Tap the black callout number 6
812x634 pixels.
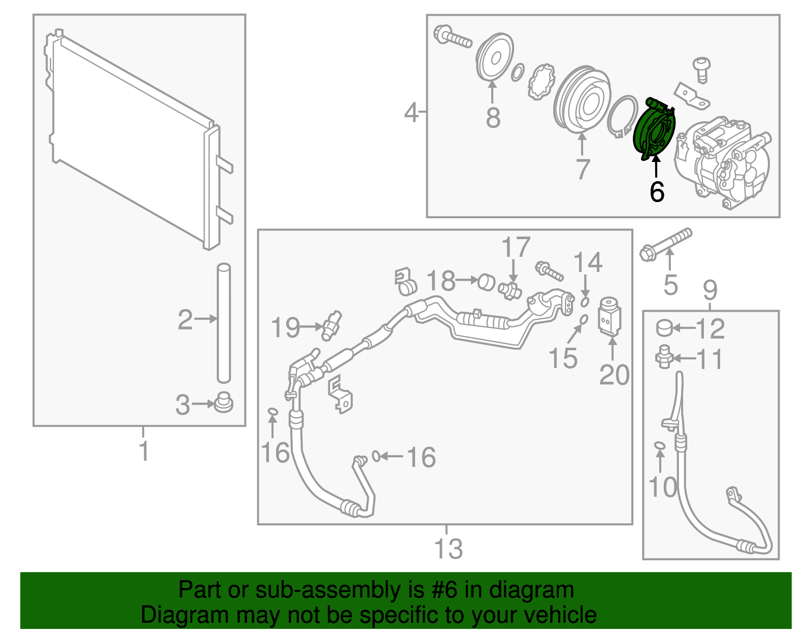[657, 192]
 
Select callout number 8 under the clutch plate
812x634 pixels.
[493, 117]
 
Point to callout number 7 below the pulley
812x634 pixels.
[583, 169]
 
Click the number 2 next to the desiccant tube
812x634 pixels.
[185, 320]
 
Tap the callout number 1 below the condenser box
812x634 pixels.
[144, 451]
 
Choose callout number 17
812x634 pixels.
[516, 248]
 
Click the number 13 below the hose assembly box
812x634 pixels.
[449, 549]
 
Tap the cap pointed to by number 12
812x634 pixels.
[664, 328]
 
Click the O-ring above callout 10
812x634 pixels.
[659, 445]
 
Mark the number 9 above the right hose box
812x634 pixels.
[710, 290]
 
